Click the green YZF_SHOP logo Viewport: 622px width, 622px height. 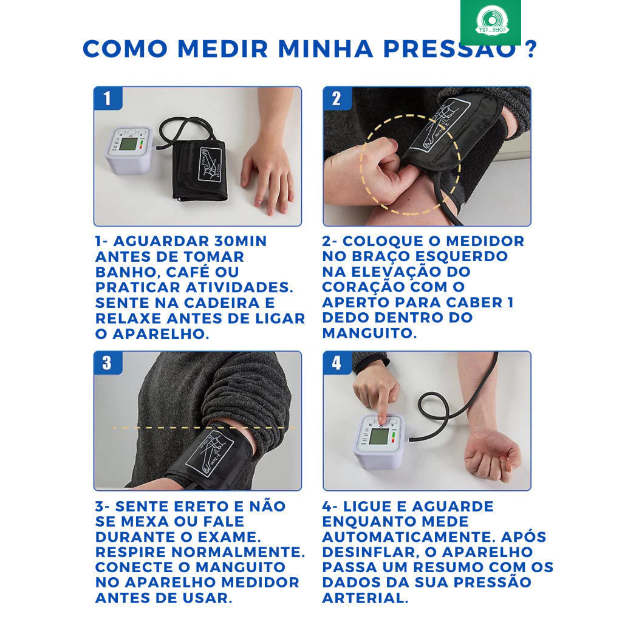click(491, 22)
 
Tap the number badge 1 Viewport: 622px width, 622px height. click(108, 98)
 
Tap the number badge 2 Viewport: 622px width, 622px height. click(337, 98)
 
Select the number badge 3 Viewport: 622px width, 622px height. click(108, 363)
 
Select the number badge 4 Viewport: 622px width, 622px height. click(337, 363)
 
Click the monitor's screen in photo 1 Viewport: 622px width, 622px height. click(128, 145)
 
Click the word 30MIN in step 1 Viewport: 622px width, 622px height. click(241, 241)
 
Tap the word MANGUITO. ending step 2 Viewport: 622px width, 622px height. click(369, 333)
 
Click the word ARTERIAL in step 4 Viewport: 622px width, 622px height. click(365, 598)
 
